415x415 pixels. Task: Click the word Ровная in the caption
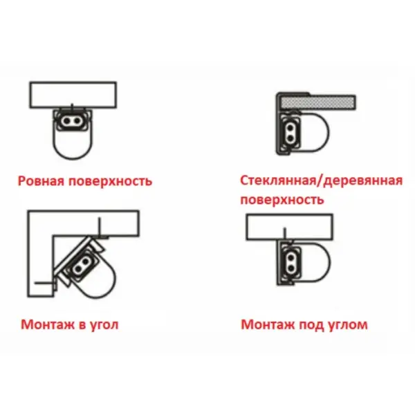[x=41, y=181]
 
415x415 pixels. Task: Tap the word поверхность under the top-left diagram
[x=110, y=181]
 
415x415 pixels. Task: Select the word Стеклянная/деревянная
[x=322, y=181]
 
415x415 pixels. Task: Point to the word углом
[x=347, y=325]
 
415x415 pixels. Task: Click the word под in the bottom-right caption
[x=311, y=325]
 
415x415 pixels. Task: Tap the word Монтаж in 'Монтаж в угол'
[x=48, y=324]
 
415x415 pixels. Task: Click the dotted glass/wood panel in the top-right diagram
[x=318, y=102]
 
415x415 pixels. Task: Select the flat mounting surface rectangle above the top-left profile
[x=73, y=95]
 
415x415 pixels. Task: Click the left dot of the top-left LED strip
[x=66, y=121]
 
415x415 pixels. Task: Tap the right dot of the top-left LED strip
[x=77, y=121]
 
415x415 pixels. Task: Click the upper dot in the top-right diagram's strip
[x=290, y=129]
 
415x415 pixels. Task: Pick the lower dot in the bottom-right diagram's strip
[x=290, y=268]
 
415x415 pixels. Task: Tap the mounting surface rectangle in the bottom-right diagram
[x=290, y=227]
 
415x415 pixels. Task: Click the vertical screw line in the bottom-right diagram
[x=284, y=234]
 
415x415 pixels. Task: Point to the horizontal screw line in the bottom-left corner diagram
[x=44, y=283]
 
